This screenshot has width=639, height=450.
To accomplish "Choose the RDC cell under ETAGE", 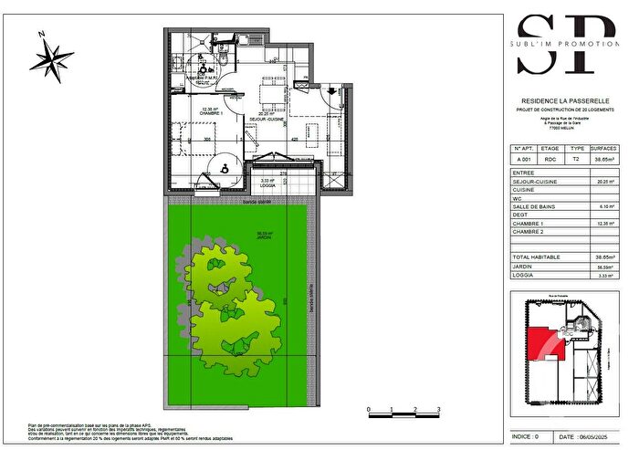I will tap(550, 159).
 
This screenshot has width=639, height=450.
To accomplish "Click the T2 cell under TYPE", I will tap(575, 159).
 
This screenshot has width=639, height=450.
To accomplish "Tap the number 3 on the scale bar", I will tap(439, 410).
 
